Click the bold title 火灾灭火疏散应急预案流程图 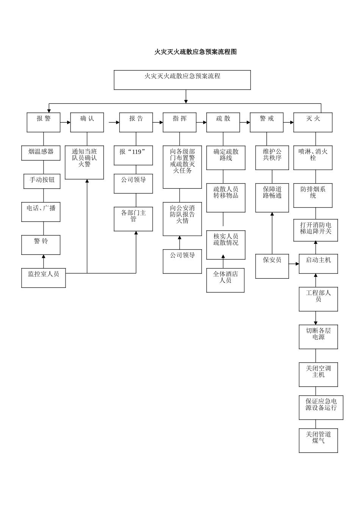coord(195,52)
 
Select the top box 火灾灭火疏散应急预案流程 coord(182,80)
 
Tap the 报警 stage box coord(43,122)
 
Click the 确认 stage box coord(87,122)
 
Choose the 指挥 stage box coord(180,122)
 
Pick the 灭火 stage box coord(313,122)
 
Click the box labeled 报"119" coord(133,155)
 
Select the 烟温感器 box coord(41,153)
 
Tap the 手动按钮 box coord(42,181)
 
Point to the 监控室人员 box coord(43,278)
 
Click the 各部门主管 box coord(133,219)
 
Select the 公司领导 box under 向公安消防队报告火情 coord(182,261)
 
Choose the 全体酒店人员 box coord(225,280)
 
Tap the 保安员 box coord(272,266)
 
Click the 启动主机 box coord(318,264)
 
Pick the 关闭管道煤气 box coord(318,440)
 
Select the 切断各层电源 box coord(318,337)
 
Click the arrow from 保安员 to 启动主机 coord(294,264)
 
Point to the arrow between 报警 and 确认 coord(65,122)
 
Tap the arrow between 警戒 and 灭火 coord(288,122)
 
